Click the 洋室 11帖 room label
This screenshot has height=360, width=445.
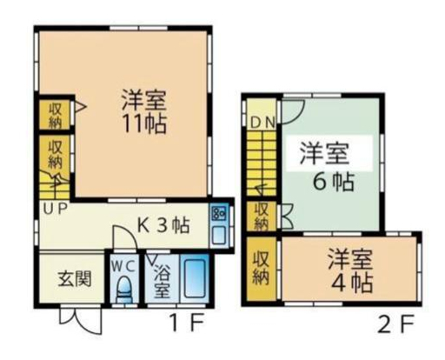coord(144,112)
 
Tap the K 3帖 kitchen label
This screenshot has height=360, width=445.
coord(163,225)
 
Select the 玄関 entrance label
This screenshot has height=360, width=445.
coord(75,278)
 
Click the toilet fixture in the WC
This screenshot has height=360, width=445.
coord(124,290)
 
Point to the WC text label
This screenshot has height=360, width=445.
coord(124,267)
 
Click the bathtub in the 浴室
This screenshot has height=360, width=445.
coord(195,278)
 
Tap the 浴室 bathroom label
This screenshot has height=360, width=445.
coord(162,281)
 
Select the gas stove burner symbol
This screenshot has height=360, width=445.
coord(219,214)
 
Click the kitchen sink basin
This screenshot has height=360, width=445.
coord(219,235)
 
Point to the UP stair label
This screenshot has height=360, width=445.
coord(56,208)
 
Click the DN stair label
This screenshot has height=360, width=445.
coord(262,123)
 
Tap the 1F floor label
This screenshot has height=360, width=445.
coord(187,323)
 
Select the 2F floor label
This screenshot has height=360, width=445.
coord(396,324)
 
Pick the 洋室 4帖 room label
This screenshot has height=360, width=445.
coord(350,270)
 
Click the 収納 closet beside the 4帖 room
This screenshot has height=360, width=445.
coord(261,269)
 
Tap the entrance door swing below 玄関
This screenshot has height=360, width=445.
coord(81,321)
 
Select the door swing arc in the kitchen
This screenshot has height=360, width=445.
coord(125,237)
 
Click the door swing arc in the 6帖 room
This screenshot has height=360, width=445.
coord(293,112)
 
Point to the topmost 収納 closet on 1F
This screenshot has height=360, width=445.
coord(55,115)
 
